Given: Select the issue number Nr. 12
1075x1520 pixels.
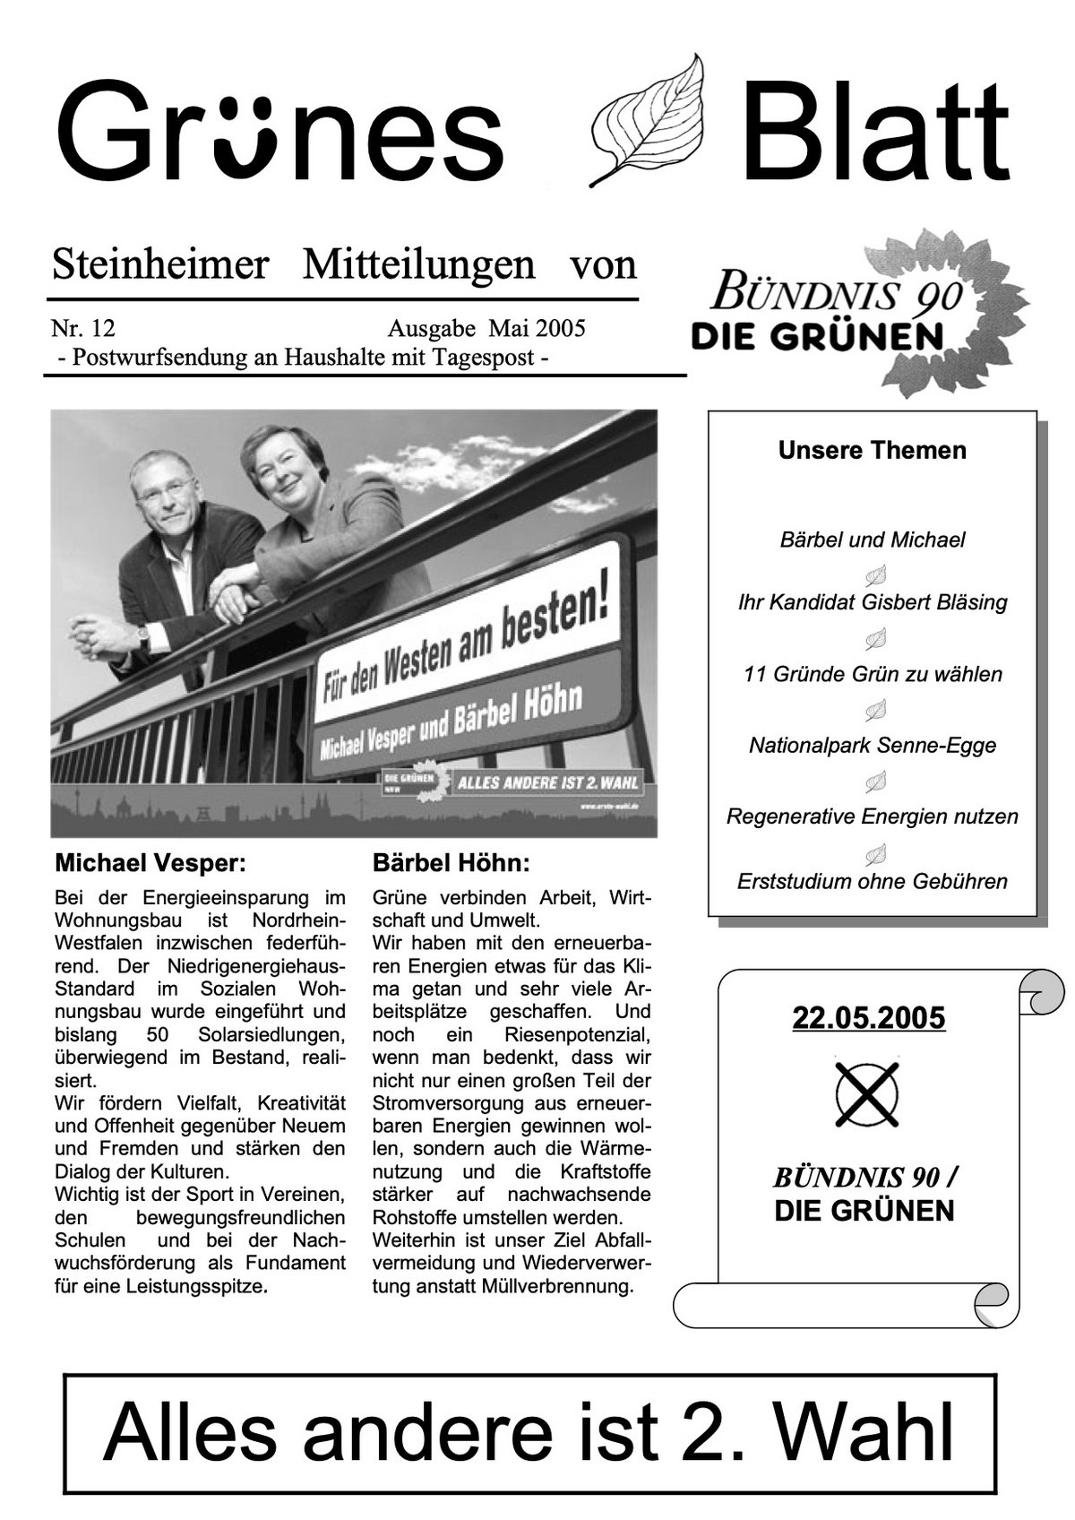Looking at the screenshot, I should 82,328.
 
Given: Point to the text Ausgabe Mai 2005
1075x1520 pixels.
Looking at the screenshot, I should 486,328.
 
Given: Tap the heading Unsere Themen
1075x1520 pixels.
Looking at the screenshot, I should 872,450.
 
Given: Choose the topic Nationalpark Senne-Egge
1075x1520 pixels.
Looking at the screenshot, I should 872,745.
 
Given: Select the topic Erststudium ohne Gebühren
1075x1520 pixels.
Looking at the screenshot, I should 872,881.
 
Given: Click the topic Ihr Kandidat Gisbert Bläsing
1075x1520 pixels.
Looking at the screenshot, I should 872,602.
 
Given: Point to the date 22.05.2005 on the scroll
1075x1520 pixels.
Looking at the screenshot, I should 868,1019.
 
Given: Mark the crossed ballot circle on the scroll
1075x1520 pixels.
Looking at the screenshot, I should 866,1094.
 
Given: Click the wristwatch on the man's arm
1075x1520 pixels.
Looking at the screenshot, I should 142,637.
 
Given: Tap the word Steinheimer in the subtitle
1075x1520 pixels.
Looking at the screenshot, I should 160,265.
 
